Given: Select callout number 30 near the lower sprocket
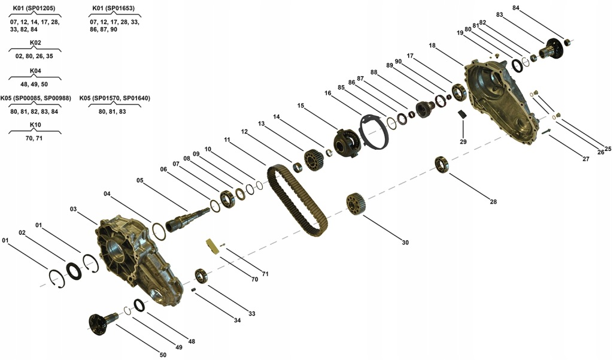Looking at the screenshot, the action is point(405,243).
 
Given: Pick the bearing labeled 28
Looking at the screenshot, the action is point(442,165).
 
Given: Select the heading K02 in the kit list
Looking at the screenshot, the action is point(35,43).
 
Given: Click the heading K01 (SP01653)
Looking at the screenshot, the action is point(113,8).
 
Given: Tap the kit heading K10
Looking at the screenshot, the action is point(35,125).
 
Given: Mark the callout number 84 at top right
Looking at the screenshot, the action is point(515,8).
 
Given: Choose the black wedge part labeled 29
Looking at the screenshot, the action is point(462,114).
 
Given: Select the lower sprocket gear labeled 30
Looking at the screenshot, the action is point(356,204).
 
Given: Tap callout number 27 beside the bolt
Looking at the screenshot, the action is point(585,159).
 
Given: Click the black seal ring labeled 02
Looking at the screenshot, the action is point(74,271).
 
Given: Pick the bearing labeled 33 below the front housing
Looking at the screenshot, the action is point(201,276).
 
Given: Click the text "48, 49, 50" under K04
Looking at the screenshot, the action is point(34,84).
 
